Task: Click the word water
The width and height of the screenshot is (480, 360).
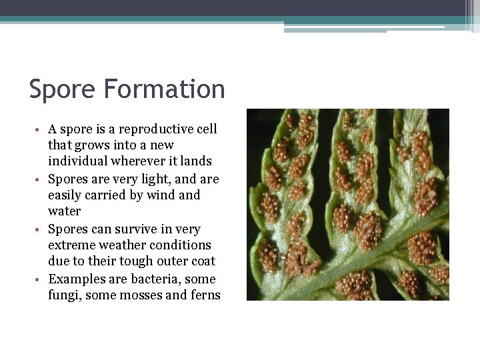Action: [64, 211]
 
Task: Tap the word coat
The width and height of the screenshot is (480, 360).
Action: [202, 261]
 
